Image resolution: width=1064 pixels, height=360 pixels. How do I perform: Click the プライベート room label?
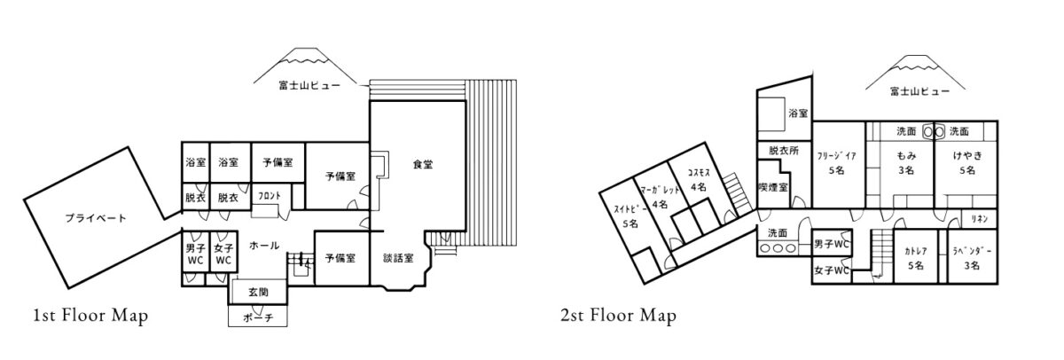96,218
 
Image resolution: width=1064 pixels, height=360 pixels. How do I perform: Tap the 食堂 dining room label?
422,164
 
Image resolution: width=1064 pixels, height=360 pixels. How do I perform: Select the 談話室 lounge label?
398,258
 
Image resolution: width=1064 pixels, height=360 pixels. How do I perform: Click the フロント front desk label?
270,196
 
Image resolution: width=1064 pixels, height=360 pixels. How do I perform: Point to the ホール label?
264,246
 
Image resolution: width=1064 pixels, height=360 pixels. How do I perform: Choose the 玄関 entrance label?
258,292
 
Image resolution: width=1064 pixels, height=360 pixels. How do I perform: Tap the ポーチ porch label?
258,317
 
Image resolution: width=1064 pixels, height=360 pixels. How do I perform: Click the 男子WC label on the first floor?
195,254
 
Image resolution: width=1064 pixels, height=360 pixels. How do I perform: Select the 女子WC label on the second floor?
832,270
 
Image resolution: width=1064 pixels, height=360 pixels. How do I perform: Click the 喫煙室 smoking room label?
773,187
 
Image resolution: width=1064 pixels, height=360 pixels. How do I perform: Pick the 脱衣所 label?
784,151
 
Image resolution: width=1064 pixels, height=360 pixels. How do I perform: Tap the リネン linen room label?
980,218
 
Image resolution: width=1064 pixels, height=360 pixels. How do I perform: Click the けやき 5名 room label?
967,162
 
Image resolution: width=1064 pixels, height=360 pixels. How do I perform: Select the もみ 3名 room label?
906,162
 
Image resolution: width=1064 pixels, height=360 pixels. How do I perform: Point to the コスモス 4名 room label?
699,179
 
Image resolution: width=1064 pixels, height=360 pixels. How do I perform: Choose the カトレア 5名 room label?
916,258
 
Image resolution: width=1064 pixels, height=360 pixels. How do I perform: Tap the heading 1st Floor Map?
90,316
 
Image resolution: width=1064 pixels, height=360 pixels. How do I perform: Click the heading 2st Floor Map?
619,316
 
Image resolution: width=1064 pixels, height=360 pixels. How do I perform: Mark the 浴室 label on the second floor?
798,113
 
